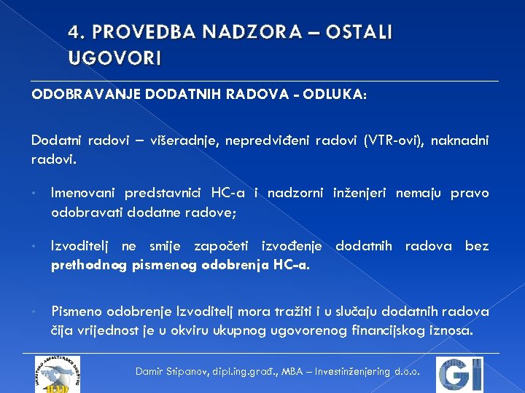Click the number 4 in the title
pos(74,33)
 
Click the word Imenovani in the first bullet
pos(85,193)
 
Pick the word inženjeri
pos(361,193)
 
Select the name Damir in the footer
pos(151,372)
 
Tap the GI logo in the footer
pos(460,374)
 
